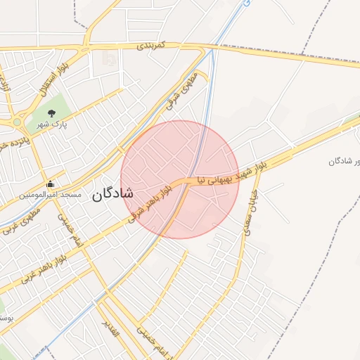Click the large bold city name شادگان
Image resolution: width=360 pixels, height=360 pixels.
click(x=112, y=194)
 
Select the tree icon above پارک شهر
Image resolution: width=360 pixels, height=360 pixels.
click(x=51, y=112)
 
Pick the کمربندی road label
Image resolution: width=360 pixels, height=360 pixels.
click(x=150, y=46)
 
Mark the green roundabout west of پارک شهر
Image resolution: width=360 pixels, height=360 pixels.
click(x=15, y=122)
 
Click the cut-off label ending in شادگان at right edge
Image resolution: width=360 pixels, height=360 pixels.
click(x=345, y=161)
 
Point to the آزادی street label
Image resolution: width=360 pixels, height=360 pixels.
click(x=6, y=84)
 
